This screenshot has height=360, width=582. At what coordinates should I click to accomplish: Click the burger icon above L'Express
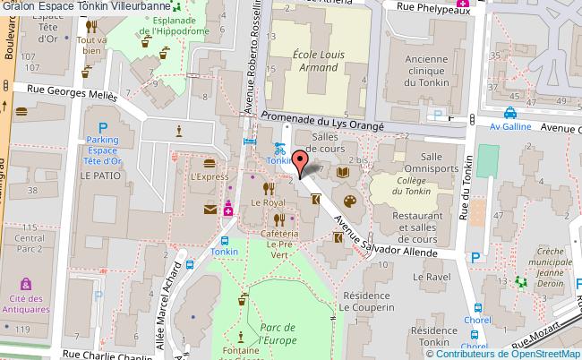[x=210, y=163]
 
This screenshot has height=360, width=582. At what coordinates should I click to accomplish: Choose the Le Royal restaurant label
[x=268, y=202]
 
